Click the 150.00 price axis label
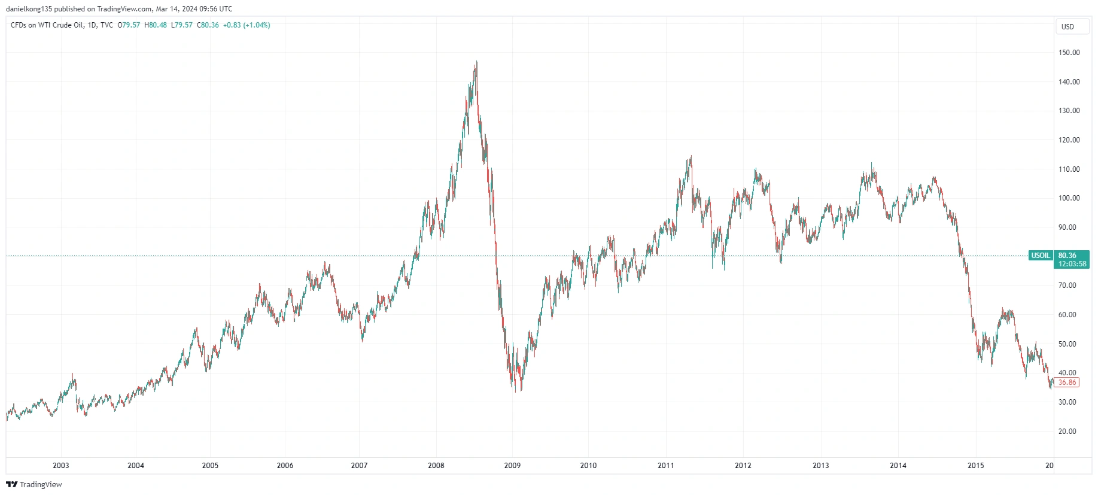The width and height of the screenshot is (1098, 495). pyautogui.click(x=1069, y=53)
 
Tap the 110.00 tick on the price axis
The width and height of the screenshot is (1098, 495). pyautogui.click(x=1069, y=169)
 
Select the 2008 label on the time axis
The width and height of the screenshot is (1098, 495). pyautogui.click(x=436, y=466)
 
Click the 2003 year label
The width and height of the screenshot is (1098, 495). pyautogui.click(x=61, y=466)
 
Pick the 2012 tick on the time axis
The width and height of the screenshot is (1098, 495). pyautogui.click(x=743, y=466)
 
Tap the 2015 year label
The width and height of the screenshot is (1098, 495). pyautogui.click(x=975, y=466)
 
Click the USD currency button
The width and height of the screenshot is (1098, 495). pyautogui.click(x=1068, y=27)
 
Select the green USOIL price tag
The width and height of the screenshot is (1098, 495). pyautogui.click(x=1041, y=256)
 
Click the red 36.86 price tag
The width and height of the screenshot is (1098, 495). pyautogui.click(x=1067, y=382)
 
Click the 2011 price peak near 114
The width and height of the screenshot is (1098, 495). pyautogui.click(x=691, y=156)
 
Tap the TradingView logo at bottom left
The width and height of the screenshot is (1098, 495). pyautogui.click(x=34, y=485)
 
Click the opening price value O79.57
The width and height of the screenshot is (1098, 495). pyautogui.click(x=129, y=25)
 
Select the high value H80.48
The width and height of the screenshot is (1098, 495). pyautogui.click(x=156, y=25)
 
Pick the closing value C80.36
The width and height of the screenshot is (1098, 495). pyautogui.click(x=208, y=25)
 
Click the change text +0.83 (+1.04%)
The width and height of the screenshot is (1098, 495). pyautogui.click(x=247, y=25)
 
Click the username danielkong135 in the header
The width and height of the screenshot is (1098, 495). pyautogui.click(x=29, y=9)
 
